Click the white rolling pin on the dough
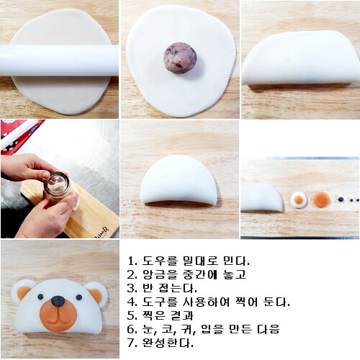59,60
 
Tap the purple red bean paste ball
180,58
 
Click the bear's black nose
58,301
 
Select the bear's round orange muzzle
58,315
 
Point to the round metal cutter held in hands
57,184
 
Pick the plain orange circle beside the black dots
322,199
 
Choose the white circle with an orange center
299,199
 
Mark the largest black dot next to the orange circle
341,199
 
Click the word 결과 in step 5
182,315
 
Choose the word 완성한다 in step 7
168,343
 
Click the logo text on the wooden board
102,232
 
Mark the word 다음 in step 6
269,329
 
